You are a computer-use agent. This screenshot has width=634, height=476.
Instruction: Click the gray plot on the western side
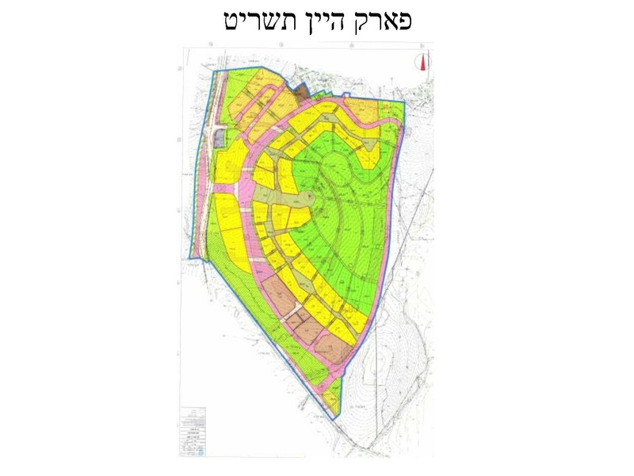(219, 140)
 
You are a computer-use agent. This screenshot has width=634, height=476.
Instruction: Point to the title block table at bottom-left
(193, 429)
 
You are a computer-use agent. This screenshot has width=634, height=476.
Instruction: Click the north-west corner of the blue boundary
(215, 71)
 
